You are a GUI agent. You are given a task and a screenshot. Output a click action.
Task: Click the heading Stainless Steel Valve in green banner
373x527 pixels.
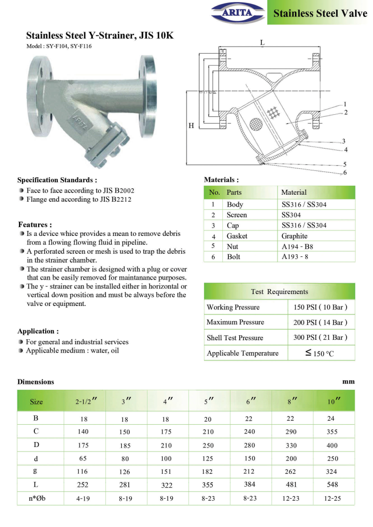tap(320, 13)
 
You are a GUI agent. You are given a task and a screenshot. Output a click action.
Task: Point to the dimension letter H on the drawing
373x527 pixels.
tap(191, 126)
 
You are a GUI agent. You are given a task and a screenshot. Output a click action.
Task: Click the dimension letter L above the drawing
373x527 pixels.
tap(262, 43)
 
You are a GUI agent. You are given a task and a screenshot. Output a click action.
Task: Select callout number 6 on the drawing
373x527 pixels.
tap(345, 172)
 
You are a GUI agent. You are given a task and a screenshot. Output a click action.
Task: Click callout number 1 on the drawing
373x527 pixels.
tap(345, 104)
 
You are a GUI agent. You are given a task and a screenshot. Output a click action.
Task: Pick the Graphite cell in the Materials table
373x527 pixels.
tap(294, 236)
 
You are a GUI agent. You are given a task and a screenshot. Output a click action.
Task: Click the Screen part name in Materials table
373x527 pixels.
tap(237, 215)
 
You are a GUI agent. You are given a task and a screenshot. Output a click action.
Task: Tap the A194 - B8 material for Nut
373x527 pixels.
tap(298, 246)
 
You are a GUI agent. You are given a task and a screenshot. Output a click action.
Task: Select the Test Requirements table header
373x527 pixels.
tap(279, 292)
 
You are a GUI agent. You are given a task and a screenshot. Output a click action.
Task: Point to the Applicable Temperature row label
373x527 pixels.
tap(243, 353)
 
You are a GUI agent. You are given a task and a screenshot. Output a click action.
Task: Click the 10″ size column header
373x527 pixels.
tap(334, 401)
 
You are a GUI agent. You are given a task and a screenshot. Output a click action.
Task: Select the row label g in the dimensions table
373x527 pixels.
tap(36, 471)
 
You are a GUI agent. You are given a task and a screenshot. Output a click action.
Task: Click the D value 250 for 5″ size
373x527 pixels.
tap(208, 445)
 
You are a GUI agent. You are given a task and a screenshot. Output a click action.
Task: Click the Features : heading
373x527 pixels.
tap(35, 225)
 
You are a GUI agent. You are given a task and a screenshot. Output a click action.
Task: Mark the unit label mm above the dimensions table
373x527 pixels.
tap(348, 381)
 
